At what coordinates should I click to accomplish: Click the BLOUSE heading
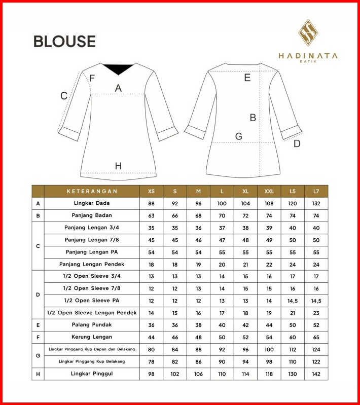[64, 41]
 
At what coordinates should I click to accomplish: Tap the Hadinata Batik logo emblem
[308, 33]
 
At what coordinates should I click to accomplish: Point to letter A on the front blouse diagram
[118, 88]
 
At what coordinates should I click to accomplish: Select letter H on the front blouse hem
[118, 166]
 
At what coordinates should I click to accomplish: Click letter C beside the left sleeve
[64, 96]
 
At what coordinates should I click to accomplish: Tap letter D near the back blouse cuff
[297, 143]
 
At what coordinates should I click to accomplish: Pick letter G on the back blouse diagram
[238, 136]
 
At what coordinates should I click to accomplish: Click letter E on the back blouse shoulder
[247, 78]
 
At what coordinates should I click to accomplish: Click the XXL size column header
[269, 191]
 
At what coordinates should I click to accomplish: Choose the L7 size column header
[316, 191]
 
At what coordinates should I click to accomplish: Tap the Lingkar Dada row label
[92, 203]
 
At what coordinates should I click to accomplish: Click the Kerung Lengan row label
[92, 337]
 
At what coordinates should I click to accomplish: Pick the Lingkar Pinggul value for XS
[151, 374]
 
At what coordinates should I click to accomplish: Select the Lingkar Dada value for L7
[316, 203]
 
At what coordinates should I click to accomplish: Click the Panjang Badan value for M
[198, 215]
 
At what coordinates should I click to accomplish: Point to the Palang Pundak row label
[92, 325]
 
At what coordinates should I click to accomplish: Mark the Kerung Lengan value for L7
[316, 337]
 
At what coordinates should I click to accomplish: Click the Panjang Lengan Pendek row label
[92, 264]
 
